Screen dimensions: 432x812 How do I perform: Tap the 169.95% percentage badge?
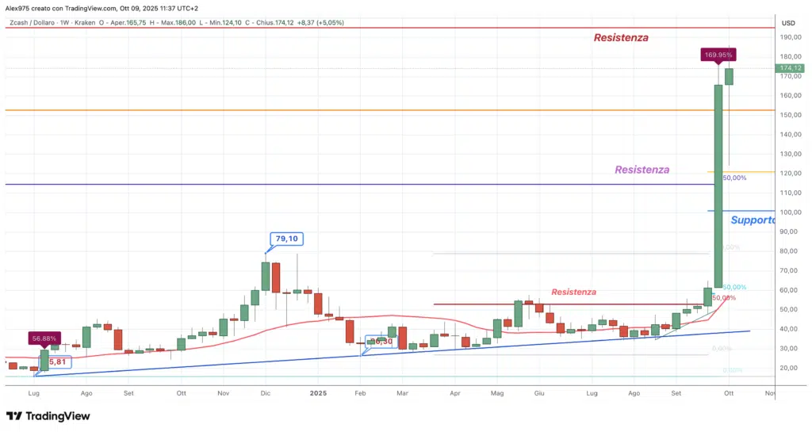click(x=718, y=55)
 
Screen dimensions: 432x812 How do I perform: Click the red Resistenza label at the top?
click(x=622, y=37)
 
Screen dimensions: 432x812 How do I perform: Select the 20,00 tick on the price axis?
click(x=787, y=368)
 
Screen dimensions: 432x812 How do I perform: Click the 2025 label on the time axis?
click(x=318, y=392)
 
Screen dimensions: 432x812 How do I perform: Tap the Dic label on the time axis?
click(x=265, y=392)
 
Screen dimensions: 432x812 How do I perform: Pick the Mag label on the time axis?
click(x=497, y=392)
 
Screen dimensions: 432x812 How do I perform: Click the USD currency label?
click(x=787, y=23)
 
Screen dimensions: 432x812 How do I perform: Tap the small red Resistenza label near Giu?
click(x=573, y=292)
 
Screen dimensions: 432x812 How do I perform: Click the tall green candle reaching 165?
click(x=718, y=186)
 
